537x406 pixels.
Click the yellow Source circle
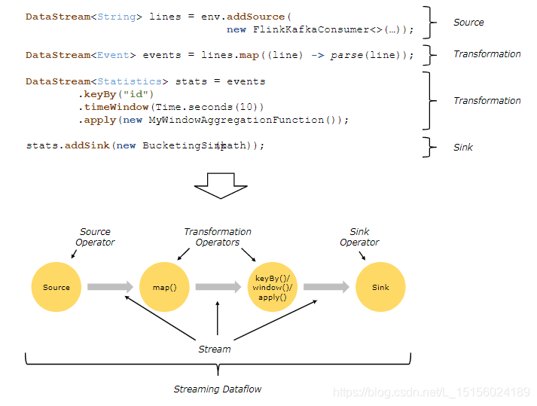(x=56, y=287)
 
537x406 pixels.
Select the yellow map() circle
(x=164, y=287)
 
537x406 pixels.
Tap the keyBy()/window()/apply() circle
(x=272, y=287)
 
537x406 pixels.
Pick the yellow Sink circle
(x=380, y=287)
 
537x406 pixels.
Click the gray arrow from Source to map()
(x=110, y=287)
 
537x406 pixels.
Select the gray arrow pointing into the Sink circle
(x=326, y=287)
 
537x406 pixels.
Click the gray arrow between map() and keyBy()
(x=218, y=287)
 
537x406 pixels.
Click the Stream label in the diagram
(x=215, y=349)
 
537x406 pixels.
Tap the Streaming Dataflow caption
(x=218, y=389)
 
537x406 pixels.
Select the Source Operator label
(x=95, y=237)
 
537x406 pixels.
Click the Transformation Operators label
(x=218, y=237)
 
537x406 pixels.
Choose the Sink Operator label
(x=359, y=237)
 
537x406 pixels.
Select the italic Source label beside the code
(x=468, y=23)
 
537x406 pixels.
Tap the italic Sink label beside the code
(x=463, y=147)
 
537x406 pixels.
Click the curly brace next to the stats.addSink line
(x=429, y=147)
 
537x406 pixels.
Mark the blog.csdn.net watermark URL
(x=432, y=392)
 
